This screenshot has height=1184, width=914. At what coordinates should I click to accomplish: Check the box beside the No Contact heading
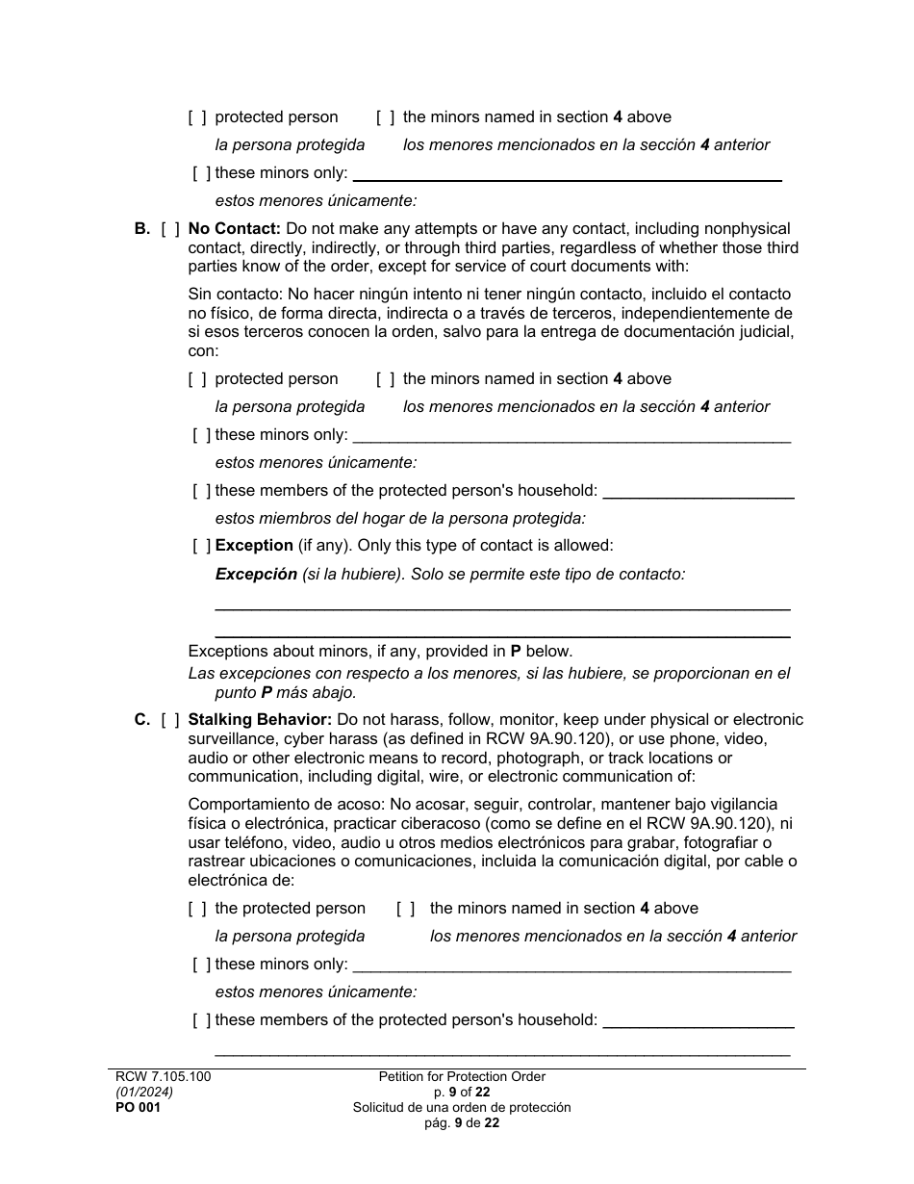[x=170, y=229]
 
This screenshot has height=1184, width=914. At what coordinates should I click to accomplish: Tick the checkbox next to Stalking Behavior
[x=170, y=720]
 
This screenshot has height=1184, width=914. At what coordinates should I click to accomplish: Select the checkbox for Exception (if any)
[x=201, y=546]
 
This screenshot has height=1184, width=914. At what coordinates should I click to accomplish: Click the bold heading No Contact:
[x=234, y=229]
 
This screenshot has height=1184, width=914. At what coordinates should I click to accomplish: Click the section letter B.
[x=142, y=229]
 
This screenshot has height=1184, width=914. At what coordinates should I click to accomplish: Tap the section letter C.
[x=142, y=720]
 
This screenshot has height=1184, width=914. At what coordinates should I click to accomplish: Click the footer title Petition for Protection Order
[x=462, y=1077]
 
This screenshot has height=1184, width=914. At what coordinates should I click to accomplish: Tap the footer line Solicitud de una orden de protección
[x=462, y=1108]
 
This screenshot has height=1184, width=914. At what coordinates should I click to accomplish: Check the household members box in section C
[x=201, y=1020]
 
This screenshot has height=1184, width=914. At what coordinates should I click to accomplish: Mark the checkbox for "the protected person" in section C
[x=197, y=909]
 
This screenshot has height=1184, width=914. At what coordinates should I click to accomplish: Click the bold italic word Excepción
[x=256, y=575]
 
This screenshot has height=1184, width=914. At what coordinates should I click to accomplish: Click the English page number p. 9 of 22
[x=462, y=1093]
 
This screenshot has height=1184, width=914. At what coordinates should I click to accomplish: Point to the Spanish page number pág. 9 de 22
[x=462, y=1123]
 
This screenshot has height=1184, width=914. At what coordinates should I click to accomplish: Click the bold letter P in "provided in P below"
[x=516, y=652]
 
